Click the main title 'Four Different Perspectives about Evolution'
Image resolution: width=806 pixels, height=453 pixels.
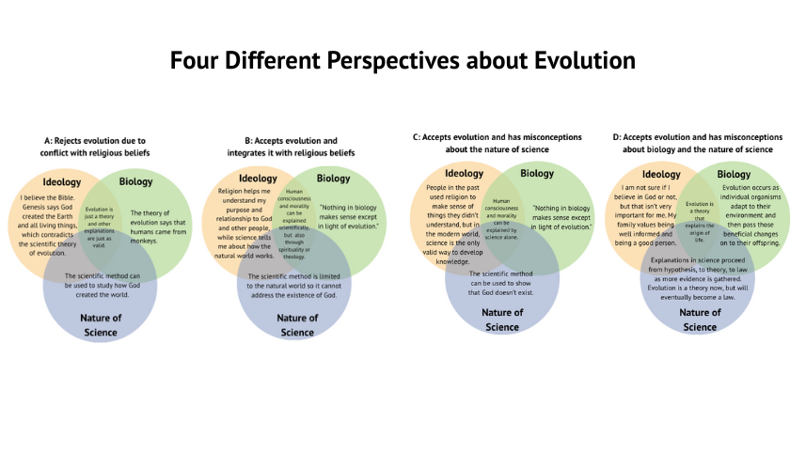[x=403, y=61]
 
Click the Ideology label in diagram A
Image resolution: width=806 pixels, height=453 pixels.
[x=61, y=181]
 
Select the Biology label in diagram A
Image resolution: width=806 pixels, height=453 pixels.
[x=136, y=181]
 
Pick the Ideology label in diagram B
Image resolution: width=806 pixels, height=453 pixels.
[x=258, y=178]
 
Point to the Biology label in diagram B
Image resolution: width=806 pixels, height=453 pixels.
[x=333, y=178]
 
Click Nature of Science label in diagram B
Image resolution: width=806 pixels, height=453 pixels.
[x=296, y=324]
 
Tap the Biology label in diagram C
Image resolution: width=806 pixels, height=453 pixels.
[x=537, y=173]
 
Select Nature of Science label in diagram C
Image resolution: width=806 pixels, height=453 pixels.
[x=501, y=320]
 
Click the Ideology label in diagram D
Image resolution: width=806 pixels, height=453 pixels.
[x=660, y=174]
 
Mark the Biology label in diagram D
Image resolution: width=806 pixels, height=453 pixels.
[x=734, y=174]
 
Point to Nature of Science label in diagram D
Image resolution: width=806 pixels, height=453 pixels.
[x=699, y=320]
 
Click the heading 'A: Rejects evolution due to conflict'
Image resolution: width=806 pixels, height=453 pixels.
[x=95, y=145]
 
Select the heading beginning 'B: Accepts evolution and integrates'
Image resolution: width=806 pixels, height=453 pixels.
[x=291, y=146]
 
